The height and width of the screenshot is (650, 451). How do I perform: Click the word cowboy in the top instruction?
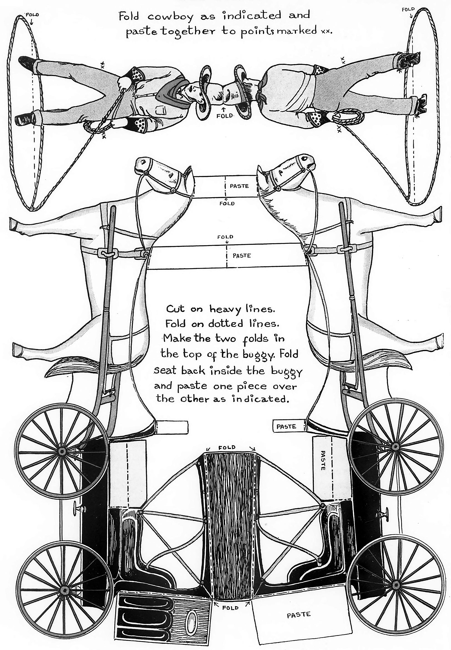pos(170,17)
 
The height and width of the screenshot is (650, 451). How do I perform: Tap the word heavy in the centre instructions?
pos(226,310)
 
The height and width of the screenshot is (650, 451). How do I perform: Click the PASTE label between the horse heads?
pos(239,186)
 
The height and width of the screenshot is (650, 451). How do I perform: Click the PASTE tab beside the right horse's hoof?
pos(286,427)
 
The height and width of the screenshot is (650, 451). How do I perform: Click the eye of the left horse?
pos(170,175)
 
